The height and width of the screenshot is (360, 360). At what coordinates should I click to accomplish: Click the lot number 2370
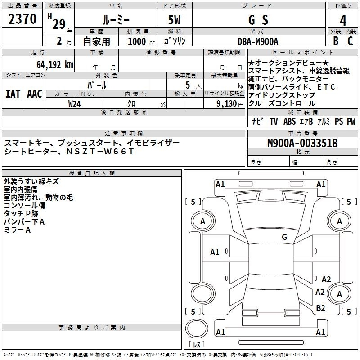click(22, 19)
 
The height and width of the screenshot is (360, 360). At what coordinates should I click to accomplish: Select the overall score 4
click(343, 21)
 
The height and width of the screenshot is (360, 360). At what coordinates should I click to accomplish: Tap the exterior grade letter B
click(336, 41)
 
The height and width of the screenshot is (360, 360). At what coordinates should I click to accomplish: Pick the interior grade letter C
click(350, 41)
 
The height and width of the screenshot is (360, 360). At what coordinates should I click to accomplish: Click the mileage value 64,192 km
click(55, 65)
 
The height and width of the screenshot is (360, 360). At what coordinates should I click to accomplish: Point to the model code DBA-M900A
click(258, 41)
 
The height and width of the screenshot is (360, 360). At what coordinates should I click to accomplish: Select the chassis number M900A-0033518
click(302, 143)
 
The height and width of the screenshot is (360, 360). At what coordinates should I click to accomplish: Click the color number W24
click(74, 104)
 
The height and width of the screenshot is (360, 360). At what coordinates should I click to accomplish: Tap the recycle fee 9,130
click(226, 104)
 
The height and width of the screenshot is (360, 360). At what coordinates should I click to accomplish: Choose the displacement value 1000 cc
click(141, 41)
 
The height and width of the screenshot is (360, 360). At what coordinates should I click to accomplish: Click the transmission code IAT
click(13, 94)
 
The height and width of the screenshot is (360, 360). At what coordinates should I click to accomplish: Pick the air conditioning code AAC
click(35, 94)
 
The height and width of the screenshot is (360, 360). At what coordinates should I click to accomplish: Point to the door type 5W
click(174, 20)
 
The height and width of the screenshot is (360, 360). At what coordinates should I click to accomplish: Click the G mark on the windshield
click(284, 237)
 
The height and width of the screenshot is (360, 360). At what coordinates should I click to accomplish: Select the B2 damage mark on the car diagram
click(320, 308)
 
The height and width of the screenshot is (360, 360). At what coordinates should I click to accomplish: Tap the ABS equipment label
click(289, 121)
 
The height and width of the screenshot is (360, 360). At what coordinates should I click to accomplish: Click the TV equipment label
click(274, 121)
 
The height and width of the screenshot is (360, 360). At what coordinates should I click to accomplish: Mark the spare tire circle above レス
click(197, 328)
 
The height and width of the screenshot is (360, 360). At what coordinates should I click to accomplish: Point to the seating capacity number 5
click(188, 85)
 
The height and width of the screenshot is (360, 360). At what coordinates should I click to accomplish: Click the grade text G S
click(258, 20)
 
